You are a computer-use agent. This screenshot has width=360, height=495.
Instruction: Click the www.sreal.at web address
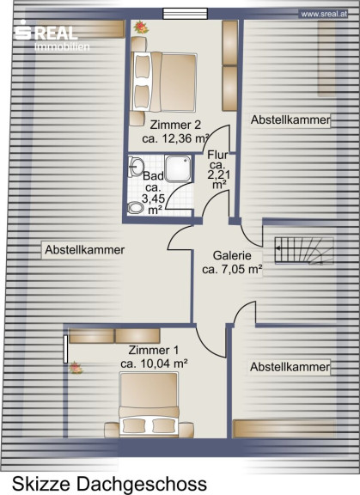(x=324, y=14)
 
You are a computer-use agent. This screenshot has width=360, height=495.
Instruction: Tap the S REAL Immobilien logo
(x=52, y=35)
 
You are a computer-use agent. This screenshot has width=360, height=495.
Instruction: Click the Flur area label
(x=217, y=169)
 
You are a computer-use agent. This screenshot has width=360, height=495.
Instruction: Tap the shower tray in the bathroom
(x=178, y=168)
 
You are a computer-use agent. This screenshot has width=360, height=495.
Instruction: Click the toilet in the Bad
(x=137, y=208)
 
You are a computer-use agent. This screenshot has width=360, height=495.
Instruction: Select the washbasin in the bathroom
(x=136, y=166)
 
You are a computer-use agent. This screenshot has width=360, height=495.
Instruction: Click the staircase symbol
(x=304, y=250)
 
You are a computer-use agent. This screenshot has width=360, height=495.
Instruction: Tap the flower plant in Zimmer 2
(x=141, y=27)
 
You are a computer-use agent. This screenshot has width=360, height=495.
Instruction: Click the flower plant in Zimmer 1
(x=76, y=368)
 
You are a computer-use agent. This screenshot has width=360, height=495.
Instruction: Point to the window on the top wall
(x=186, y=14)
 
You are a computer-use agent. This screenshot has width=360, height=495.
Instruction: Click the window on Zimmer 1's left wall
(x=65, y=349)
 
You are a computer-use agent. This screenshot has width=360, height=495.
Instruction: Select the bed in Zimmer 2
(x=164, y=82)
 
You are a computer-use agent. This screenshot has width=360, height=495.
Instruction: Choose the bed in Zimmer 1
(x=149, y=405)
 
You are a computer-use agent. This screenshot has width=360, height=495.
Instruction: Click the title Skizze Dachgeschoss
(x=109, y=484)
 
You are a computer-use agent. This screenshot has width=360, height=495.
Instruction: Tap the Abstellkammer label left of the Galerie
(x=84, y=250)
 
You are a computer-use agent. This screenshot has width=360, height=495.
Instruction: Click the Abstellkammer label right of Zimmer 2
(x=290, y=120)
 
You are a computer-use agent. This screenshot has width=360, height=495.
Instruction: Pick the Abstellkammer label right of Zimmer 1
(x=290, y=367)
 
